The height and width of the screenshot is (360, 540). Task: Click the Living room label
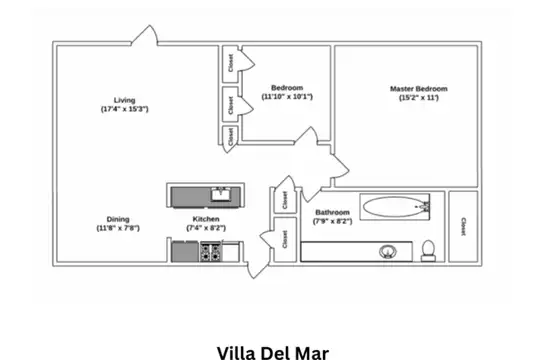point(124,100)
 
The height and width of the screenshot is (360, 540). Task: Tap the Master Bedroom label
point(419,89)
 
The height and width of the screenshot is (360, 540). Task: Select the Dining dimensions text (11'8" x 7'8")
point(118,228)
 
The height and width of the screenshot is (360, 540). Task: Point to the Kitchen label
point(206,219)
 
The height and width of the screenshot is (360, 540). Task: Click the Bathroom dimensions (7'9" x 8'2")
point(332,221)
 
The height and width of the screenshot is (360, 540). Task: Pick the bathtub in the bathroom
point(395,207)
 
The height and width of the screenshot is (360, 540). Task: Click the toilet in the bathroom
point(428,251)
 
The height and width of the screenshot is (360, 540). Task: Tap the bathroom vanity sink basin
point(388,252)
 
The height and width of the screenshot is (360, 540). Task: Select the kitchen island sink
point(221,195)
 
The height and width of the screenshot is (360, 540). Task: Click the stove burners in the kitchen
point(210,252)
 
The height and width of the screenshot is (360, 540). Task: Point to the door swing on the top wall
point(145,35)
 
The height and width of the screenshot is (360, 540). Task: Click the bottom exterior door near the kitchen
point(258,269)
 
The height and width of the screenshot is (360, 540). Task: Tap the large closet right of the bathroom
point(463,226)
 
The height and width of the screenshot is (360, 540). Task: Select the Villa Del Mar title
point(273,353)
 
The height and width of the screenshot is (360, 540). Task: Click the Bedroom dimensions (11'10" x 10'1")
point(287,97)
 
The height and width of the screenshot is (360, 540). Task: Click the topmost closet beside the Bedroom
point(230,64)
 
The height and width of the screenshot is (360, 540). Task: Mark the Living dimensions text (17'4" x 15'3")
point(124,109)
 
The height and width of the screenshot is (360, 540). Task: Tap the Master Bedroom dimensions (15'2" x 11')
point(419,98)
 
